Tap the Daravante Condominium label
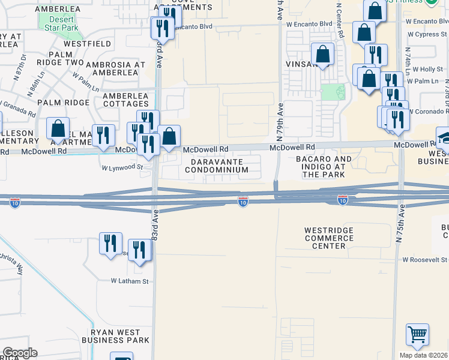(217, 166)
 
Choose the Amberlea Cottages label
(125, 100)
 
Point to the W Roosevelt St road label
(425, 260)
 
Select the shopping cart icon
(417, 335)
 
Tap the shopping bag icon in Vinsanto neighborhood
(323, 53)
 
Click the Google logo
(20, 353)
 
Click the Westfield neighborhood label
(87, 44)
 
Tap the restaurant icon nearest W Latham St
(140, 250)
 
